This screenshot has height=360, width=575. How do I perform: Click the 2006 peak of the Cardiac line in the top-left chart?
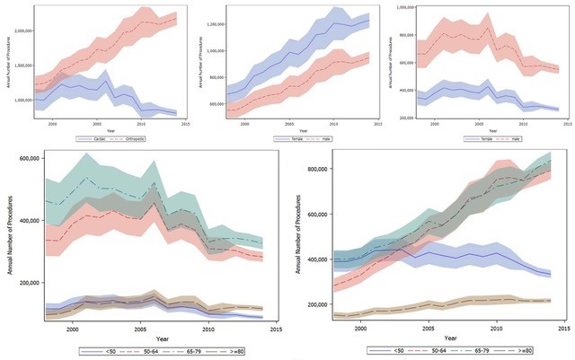108,68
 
